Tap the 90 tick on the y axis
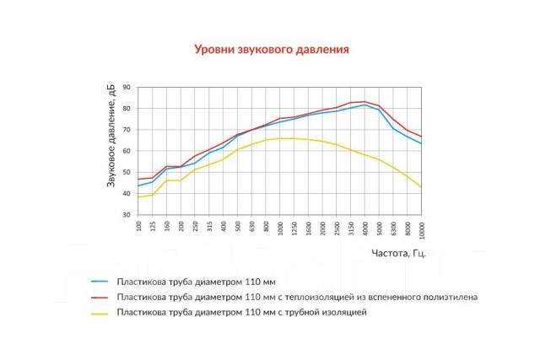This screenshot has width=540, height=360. (127, 87)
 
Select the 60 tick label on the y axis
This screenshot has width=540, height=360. (127, 151)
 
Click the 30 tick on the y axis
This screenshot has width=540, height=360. (127, 215)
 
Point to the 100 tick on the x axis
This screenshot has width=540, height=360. (139, 227)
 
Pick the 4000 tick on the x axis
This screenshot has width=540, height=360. (364, 228)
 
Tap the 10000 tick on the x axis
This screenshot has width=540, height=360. (421, 228)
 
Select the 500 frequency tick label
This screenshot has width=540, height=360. (238, 227)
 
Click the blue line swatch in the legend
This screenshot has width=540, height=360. (100, 281)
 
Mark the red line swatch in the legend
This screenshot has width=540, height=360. (100, 297)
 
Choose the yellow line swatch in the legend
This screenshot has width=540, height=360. (100, 312)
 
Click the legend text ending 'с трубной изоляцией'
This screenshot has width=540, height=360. (243, 312)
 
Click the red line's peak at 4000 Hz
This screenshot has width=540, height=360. (364, 101)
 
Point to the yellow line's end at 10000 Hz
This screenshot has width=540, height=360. (421, 187)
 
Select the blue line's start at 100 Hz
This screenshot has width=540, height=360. (139, 185)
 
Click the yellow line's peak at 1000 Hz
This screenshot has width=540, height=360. (280, 138)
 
